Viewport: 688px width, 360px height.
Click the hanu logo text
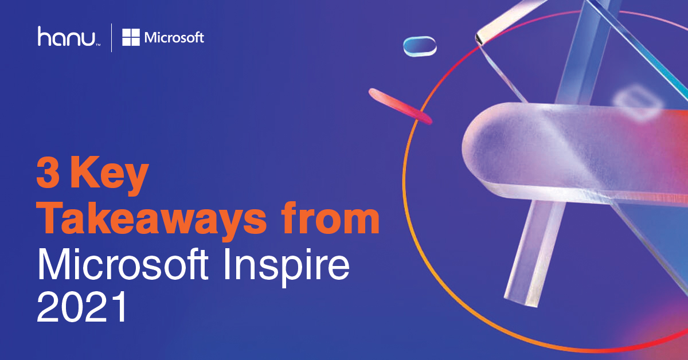click(68, 37)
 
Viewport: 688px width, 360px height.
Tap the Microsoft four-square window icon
click(131, 38)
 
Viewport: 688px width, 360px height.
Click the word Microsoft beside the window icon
click(174, 38)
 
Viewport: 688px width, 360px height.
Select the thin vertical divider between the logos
click(112, 37)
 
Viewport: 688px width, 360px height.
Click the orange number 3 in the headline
click(48, 174)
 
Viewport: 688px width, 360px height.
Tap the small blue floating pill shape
click(420, 46)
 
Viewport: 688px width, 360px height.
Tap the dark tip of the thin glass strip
click(478, 38)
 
